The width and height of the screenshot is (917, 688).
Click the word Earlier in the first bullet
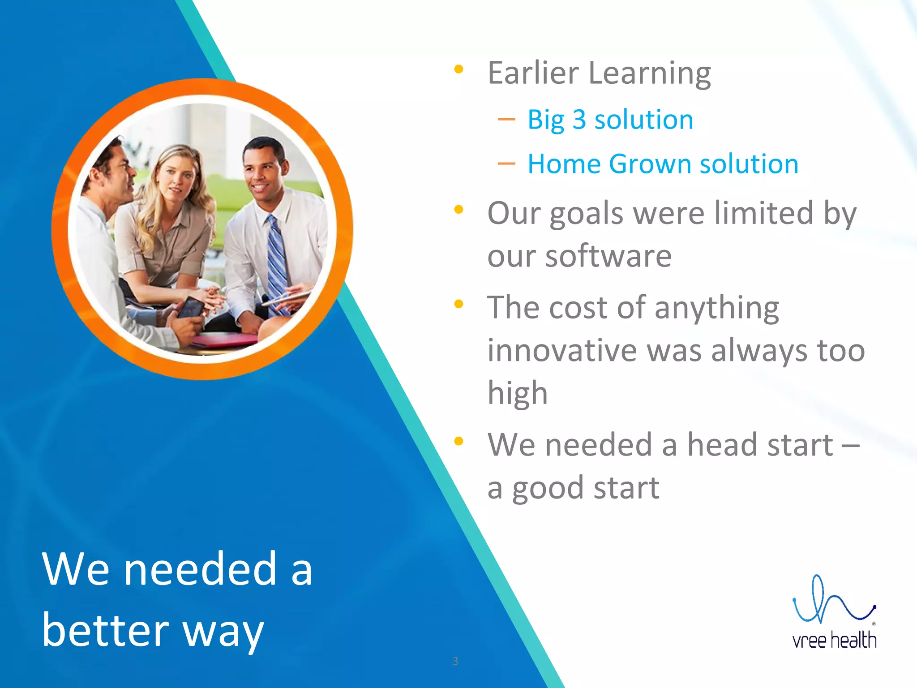click(x=533, y=73)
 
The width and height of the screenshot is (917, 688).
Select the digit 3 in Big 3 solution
click(x=579, y=120)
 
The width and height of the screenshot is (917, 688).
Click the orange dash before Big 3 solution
click(x=506, y=120)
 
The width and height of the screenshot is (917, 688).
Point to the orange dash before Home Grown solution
click(x=506, y=164)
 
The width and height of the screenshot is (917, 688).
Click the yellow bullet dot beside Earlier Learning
click(x=458, y=69)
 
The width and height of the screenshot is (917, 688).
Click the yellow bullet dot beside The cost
click(x=458, y=305)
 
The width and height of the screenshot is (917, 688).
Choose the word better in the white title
click(x=106, y=630)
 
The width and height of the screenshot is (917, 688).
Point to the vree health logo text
click(x=834, y=640)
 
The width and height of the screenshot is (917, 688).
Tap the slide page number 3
click(x=455, y=661)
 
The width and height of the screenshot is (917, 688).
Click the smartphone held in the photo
click(x=191, y=308)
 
